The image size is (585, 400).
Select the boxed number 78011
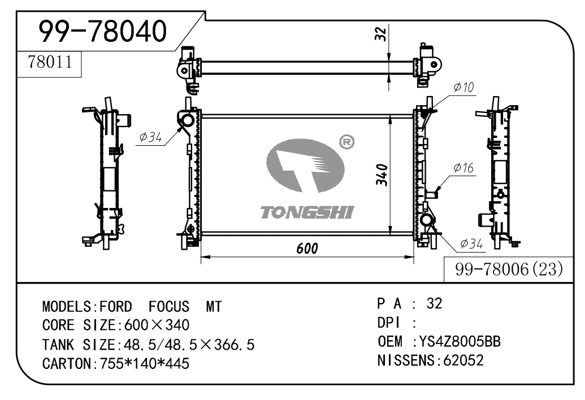click(x=50, y=63)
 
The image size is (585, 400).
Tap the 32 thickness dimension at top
click(x=380, y=34)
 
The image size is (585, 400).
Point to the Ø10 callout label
click(x=463, y=87)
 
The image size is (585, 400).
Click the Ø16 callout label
click(x=463, y=168)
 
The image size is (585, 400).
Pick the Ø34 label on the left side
click(x=150, y=137)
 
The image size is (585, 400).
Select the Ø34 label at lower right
click(x=471, y=244)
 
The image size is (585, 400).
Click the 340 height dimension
click(x=382, y=176)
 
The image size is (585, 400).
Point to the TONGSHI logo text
click(x=307, y=212)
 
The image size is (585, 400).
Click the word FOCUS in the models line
click(x=169, y=307)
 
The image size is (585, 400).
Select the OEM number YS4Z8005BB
click(x=457, y=341)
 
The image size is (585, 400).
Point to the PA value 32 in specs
click(x=435, y=303)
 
